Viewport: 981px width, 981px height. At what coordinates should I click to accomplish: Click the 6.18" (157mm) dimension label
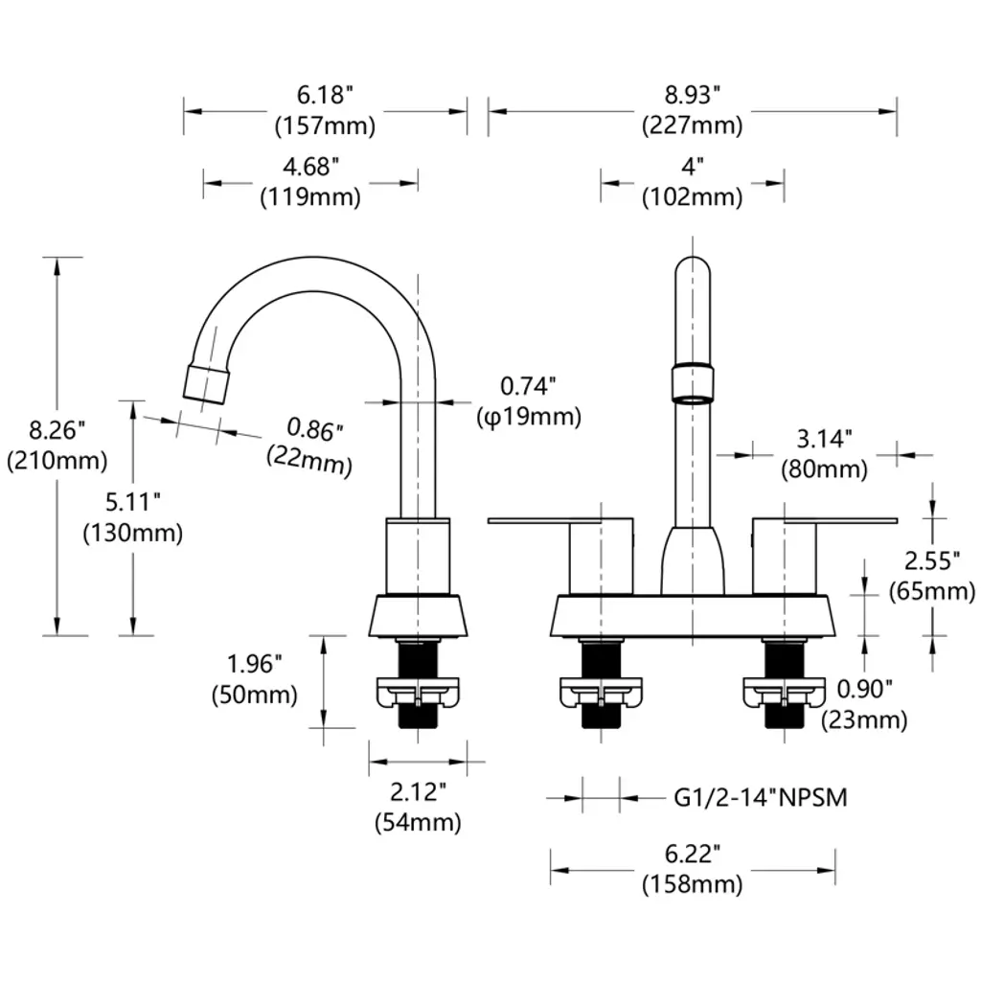point(325,110)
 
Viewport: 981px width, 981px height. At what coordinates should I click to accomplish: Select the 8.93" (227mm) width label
point(692,110)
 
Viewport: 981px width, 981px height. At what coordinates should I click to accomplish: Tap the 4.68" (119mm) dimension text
point(310,182)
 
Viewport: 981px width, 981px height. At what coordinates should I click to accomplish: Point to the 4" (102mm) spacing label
point(692,182)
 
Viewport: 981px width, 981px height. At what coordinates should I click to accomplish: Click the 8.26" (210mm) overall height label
point(57,445)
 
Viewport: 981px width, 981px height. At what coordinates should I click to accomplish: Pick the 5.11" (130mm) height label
point(132,517)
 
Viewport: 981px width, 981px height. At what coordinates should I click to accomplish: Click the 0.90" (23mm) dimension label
point(864,703)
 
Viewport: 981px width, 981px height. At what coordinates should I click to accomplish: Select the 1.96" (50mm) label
point(254,678)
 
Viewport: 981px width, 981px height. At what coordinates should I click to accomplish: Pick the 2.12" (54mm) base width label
point(418,807)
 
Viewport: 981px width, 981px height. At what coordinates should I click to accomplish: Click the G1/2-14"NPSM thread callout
point(761,797)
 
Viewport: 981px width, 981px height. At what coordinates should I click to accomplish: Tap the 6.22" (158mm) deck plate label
point(692,869)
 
